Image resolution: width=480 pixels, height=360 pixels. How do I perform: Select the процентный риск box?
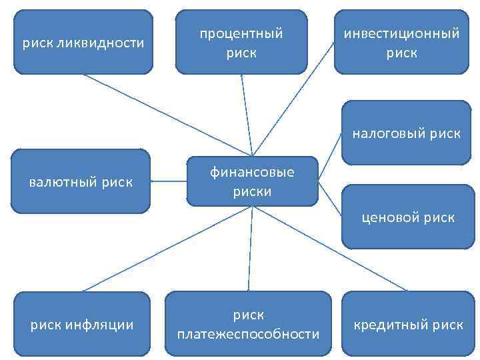click(x=241, y=41)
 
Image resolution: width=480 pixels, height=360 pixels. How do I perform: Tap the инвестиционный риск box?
click(x=401, y=41)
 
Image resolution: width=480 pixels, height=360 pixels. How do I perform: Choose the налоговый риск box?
click(x=406, y=133)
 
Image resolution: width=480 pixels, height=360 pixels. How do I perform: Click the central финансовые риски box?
click(x=251, y=181)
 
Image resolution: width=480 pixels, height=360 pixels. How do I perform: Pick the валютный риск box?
click(x=81, y=181)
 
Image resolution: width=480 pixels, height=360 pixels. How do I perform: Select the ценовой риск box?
click(x=408, y=217)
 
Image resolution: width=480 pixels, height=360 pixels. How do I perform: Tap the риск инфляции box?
click(x=82, y=324)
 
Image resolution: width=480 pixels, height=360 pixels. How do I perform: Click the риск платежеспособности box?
click(x=248, y=323)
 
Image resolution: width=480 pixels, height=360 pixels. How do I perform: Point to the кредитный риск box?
click(x=407, y=324)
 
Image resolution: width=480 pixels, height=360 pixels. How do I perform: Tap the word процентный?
click(x=241, y=33)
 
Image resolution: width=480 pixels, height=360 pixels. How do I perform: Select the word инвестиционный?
click(x=402, y=33)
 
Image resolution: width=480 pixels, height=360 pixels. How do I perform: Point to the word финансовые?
click(x=252, y=173)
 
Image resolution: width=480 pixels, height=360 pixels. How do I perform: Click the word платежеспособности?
click(x=248, y=333)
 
